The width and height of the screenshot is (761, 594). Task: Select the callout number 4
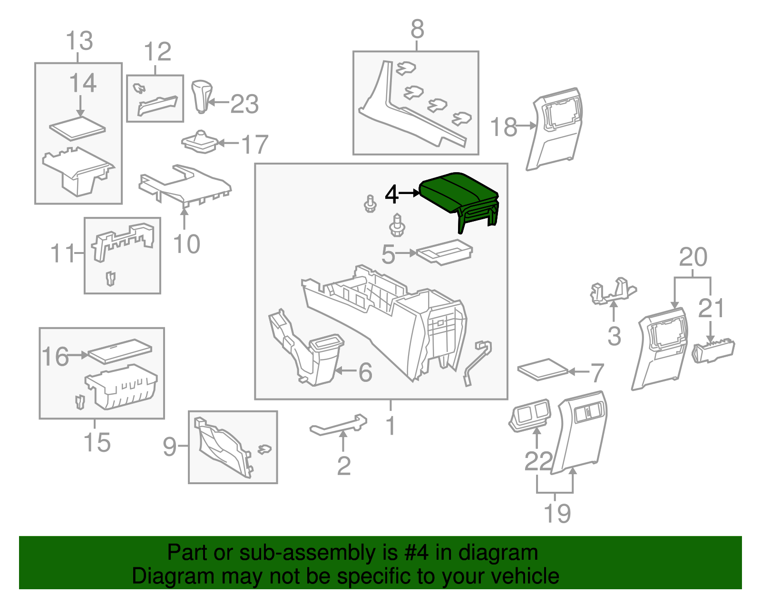pos(391,194)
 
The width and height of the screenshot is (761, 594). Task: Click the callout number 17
pos(255,145)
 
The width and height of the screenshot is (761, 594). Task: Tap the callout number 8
pos(417,30)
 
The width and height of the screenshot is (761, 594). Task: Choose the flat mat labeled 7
pos(543,369)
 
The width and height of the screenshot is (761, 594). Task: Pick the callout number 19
pos(557,513)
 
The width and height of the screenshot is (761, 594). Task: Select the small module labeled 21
pos(713,351)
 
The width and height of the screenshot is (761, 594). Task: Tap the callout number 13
pos(79,41)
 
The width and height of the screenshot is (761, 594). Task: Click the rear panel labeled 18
pos(554,128)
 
